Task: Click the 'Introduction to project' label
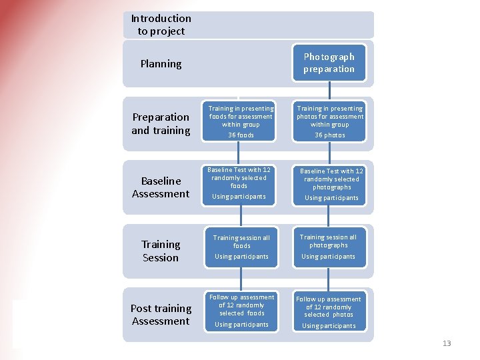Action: pos(161,25)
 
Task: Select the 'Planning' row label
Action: pos(161,64)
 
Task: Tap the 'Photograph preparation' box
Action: pos(329,63)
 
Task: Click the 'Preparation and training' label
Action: pos(161,123)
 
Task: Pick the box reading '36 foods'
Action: pos(241,121)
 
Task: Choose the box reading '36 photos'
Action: pos(329,121)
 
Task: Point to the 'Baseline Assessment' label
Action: pos(161,187)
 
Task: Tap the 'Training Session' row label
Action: pos(161,251)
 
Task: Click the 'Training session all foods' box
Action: pos(241,247)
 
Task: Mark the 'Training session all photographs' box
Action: pos(329,247)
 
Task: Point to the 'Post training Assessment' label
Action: pos(161,315)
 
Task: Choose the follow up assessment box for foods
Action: pos(241,311)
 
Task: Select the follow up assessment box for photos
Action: pos(329,312)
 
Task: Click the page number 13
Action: pos(447,343)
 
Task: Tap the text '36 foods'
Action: pos(241,135)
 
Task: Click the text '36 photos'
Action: pos(330,135)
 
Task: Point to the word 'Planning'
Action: pos(161,64)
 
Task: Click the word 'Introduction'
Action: pos(161,19)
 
